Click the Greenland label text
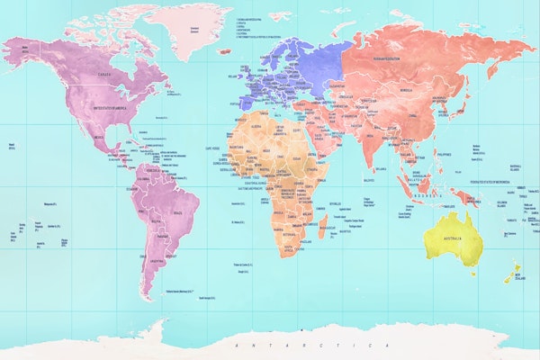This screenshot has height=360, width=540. tap(192, 28)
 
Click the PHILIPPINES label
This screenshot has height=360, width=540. tap(442, 154)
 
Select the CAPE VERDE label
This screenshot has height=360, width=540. tap(213, 148)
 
